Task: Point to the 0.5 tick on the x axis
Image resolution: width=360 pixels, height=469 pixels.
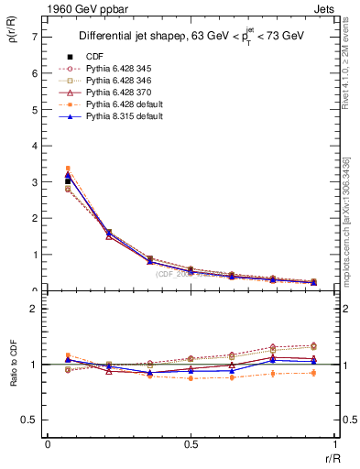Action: (x=191, y=444)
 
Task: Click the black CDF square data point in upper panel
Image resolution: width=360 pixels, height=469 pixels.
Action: (x=68, y=181)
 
